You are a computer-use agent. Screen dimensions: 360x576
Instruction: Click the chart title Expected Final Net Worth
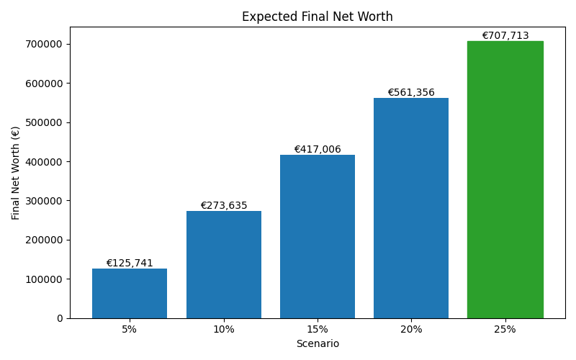tap(317, 17)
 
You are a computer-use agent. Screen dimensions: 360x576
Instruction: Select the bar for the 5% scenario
tap(130, 293)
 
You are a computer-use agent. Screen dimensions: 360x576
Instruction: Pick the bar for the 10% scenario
tap(223, 264)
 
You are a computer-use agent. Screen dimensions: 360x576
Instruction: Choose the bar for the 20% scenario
tap(411, 208)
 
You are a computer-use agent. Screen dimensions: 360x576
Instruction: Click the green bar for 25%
tap(505, 179)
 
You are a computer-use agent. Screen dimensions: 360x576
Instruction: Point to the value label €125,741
tap(130, 264)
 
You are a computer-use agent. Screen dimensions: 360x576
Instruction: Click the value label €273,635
tap(223, 206)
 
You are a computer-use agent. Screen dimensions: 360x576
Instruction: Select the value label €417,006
tap(317, 150)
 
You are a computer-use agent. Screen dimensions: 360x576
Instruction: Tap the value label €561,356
tap(411, 93)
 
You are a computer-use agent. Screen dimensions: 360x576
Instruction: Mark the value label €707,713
tap(505, 36)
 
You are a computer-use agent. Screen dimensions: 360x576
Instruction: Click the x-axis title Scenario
tap(317, 344)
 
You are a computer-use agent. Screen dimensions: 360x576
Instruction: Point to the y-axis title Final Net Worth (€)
tap(16, 173)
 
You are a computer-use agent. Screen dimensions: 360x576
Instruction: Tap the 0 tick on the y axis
tap(60, 318)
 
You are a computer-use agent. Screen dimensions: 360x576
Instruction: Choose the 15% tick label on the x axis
tap(317, 330)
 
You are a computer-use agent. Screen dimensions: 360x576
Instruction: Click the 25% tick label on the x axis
tap(505, 330)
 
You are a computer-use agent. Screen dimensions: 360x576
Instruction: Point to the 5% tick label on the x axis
tap(130, 330)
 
